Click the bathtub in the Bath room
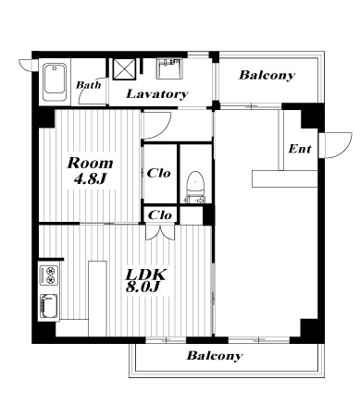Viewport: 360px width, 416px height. (x=55, y=82)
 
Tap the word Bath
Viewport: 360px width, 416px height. (x=89, y=85)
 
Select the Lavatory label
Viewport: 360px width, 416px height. (x=157, y=93)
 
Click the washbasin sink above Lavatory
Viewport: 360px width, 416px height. (x=168, y=68)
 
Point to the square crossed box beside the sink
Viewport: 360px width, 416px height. (x=124, y=69)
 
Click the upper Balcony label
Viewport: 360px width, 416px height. (x=267, y=75)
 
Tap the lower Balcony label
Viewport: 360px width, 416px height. (x=215, y=356)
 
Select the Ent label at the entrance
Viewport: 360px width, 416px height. (x=300, y=149)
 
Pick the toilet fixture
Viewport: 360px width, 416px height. (x=195, y=188)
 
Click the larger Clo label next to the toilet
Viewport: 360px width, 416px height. (x=158, y=173)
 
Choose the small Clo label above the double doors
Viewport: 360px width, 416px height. (x=160, y=215)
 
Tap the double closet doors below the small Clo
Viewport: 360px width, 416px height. (x=160, y=232)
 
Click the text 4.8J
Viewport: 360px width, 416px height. (x=90, y=178)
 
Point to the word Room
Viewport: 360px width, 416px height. (x=91, y=164)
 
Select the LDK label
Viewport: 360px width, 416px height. (x=145, y=275)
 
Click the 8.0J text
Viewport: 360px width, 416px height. (x=143, y=288)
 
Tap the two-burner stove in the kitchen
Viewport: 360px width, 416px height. (x=49, y=275)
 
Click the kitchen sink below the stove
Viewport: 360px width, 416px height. (x=49, y=306)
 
